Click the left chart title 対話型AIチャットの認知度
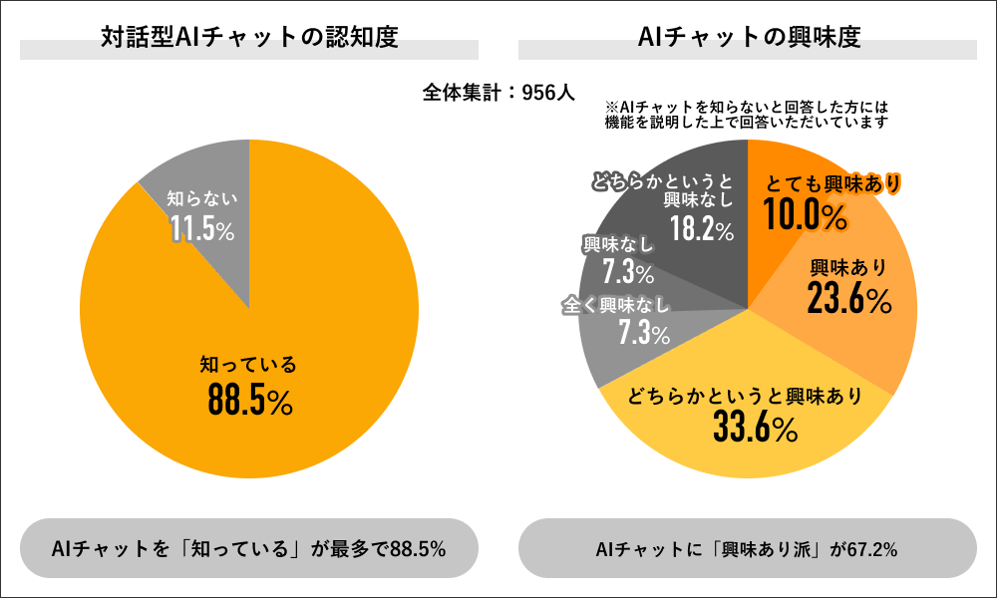point(249,39)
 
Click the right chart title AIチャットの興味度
point(748,39)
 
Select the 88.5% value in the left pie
point(249,400)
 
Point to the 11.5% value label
point(202,229)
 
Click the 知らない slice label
point(202,199)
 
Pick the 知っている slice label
point(249,366)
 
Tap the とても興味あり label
point(832,184)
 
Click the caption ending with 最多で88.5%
point(249,548)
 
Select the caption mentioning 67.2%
point(747,548)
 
